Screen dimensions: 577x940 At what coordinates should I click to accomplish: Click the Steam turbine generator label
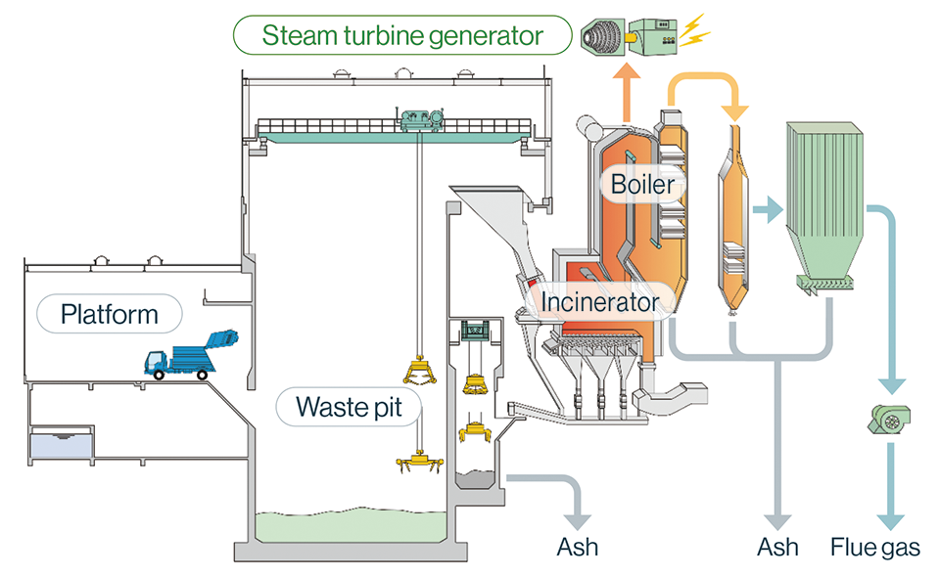tap(401, 36)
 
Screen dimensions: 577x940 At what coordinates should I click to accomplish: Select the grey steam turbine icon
tap(601, 36)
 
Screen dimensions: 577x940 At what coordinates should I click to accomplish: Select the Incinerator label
tap(600, 302)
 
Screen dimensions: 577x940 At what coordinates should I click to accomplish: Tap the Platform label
tap(109, 315)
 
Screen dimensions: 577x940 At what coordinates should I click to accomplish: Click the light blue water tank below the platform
tap(62, 447)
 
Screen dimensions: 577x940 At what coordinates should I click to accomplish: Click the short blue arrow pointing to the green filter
tap(770, 207)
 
